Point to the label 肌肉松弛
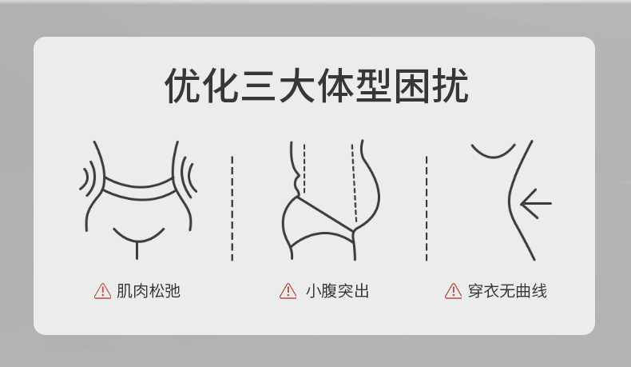tap(149, 291)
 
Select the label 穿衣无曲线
tap(507, 291)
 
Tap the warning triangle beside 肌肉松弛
tap(103, 291)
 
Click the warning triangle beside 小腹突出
tap(288, 291)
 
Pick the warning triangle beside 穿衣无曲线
tap(454, 291)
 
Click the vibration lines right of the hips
tap(189, 176)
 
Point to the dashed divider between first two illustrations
tap(232, 208)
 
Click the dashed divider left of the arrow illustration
tap(427, 208)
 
